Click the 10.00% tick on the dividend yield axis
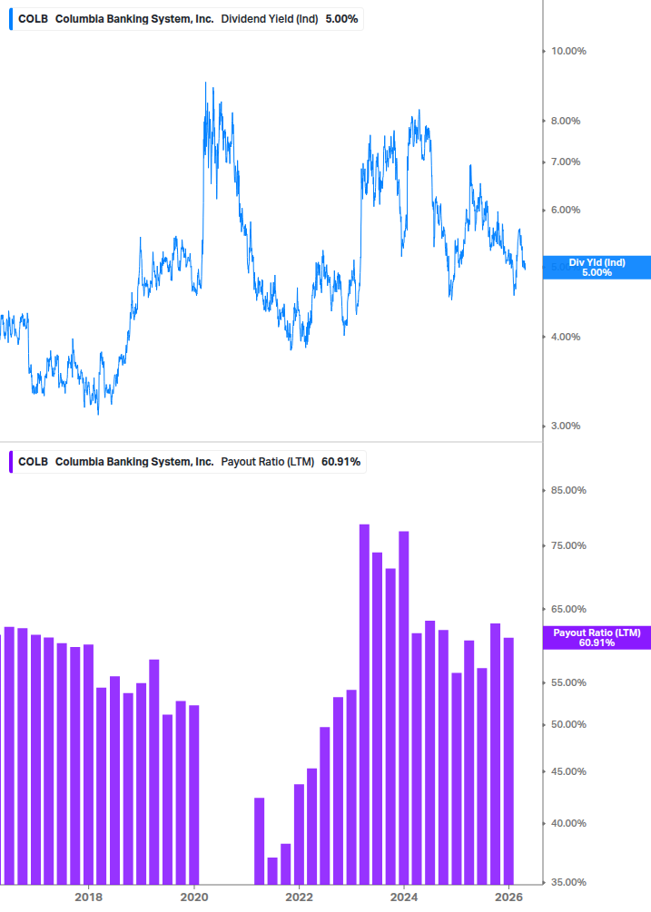coord(568,51)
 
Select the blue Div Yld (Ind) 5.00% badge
coord(597,267)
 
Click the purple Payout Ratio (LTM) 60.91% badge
coord(597,637)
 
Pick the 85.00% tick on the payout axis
coord(569,490)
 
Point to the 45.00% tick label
coord(569,771)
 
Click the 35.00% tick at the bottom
coord(569,881)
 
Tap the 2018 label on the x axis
coord(88,897)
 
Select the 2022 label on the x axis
coord(299,897)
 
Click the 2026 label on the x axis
coord(509,897)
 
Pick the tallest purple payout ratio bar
coord(364,703)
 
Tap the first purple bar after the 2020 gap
coord(259,840)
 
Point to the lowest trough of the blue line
coord(98,414)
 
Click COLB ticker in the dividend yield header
coord(33,18)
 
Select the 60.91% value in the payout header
coord(340,461)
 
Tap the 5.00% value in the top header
coord(342,18)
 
